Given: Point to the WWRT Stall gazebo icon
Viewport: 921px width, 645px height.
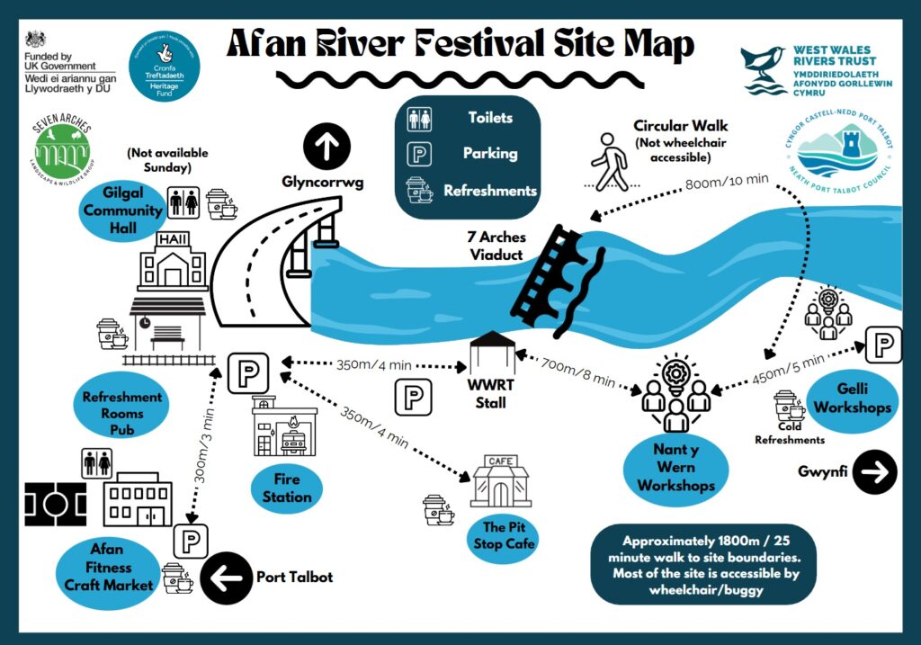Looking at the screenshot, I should coord(491,354).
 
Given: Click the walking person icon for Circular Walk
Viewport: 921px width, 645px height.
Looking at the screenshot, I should coord(610,162).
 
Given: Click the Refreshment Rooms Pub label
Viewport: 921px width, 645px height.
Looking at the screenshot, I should coord(122,413).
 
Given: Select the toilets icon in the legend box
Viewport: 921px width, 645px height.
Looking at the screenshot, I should coord(419,119).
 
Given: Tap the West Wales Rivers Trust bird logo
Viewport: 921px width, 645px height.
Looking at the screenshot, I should coord(764,70).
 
